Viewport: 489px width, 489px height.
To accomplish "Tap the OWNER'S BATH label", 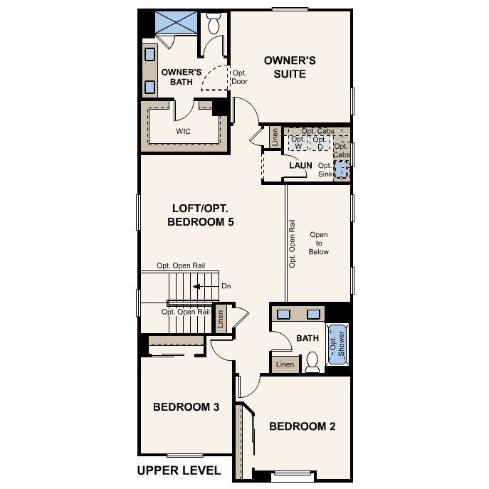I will (x=182, y=77).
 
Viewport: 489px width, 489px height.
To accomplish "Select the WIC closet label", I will (x=183, y=132).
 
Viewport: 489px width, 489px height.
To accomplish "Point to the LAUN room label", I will (x=300, y=166).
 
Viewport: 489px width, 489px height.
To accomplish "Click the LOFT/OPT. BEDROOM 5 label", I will (x=201, y=215).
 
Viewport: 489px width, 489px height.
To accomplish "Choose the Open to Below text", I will (x=319, y=243).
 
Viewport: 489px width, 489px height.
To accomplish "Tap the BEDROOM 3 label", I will (x=186, y=407).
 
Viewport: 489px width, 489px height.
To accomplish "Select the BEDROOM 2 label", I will (x=302, y=426).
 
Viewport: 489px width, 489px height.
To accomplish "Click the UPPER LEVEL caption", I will (x=179, y=470).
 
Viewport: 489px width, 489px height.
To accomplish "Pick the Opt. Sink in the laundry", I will (x=341, y=169).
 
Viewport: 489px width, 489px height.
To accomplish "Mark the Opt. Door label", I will (x=240, y=76).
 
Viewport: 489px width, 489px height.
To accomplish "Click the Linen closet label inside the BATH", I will (x=284, y=364).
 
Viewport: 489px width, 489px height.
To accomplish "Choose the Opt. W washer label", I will (x=298, y=143).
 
